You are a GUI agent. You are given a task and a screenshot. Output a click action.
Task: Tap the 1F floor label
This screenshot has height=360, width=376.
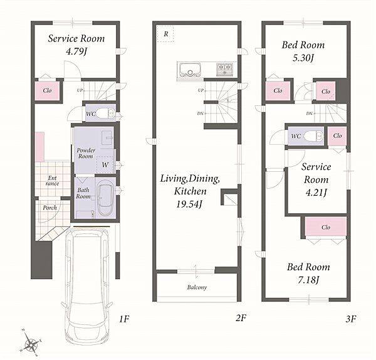point(124,319)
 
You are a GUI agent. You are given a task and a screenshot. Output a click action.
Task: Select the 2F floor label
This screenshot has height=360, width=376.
point(241,318)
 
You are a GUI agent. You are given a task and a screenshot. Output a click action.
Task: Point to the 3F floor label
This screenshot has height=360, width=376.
point(350,319)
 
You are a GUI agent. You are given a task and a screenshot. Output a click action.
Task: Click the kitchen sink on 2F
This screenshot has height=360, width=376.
point(190,70)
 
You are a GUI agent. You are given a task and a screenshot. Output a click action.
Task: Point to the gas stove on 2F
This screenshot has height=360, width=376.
point(224,69)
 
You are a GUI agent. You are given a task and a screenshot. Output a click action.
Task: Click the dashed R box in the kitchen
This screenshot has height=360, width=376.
point(165,34)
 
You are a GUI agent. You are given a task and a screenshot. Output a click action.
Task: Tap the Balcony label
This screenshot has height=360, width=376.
point(197,287)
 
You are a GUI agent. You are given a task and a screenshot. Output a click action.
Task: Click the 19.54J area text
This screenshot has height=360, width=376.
point(189,204)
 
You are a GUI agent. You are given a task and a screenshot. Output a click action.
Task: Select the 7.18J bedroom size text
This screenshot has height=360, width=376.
point(308,280)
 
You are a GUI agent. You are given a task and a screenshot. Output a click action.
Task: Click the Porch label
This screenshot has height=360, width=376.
point(50,208)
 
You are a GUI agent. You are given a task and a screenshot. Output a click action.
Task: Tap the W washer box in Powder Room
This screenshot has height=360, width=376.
point(105,165)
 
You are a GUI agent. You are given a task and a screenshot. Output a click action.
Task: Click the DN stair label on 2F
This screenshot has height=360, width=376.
point(200,114)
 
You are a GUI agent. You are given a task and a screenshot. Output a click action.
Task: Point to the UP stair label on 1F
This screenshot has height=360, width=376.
point(80,90)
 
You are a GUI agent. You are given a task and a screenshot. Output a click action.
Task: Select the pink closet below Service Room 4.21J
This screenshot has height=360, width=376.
point(326,227)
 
